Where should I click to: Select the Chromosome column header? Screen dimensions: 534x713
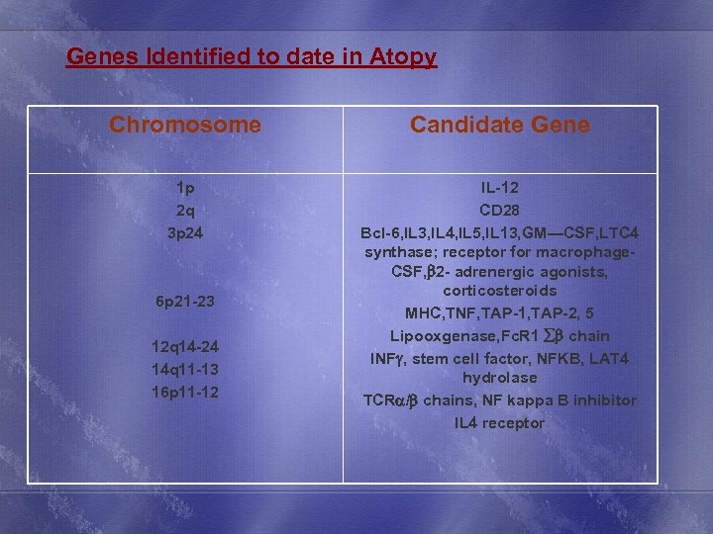[x=185, y=126]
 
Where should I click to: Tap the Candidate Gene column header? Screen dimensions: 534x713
[x=500, y=126]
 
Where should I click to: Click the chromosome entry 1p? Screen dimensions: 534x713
[x=185, y=188]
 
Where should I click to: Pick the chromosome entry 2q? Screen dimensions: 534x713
[x=185, y=211]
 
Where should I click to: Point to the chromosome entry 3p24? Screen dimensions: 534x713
[x=185, y=233]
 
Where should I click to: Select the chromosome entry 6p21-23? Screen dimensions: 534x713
[x=185, y=301]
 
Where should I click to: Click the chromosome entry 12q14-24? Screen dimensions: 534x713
[x=185, y=346]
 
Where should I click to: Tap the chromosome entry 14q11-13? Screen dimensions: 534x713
[x=185, y=369]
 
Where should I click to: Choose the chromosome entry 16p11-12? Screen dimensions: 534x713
[x=185, y=392]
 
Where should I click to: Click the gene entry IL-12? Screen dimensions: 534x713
[x=500, y=188]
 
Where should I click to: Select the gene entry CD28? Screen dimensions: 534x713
[x=500, y=211]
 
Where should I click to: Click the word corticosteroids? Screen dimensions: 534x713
[x=500, y=291]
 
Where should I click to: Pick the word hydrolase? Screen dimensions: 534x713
[x=500, y=378]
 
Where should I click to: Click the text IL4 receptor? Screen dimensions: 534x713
[x=500, y=423]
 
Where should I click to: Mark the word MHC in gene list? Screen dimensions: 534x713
[x=425, y=313]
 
